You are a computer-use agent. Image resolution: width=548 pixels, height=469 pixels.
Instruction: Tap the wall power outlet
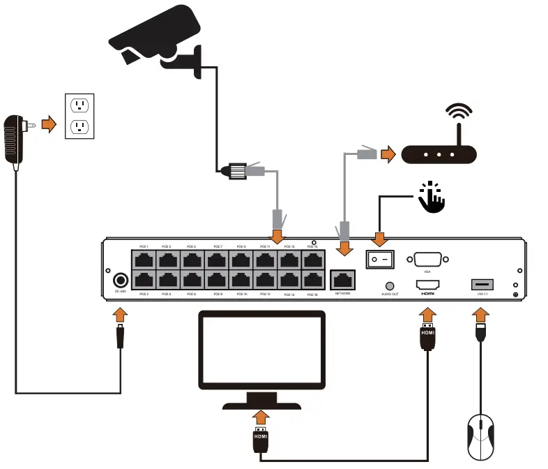point(79,116)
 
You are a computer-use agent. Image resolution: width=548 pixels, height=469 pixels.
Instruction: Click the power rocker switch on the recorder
point(380,260)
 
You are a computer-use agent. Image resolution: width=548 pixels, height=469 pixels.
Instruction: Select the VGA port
point(426,258)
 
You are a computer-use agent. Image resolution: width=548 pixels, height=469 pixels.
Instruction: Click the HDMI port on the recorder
point(427,285)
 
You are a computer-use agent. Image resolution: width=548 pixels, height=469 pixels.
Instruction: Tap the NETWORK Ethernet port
point(342,279)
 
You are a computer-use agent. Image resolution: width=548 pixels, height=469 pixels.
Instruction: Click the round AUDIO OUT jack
point(390,286)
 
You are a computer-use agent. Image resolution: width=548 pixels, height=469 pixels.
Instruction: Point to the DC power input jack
point(120,280)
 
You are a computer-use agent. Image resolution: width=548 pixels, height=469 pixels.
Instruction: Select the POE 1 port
point(144,260)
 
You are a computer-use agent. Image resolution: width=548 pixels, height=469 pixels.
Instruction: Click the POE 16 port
point(312,280)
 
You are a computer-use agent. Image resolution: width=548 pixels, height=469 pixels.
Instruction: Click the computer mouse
point(480,435)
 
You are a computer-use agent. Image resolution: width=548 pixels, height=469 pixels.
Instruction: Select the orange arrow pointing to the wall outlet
point(48,124)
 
